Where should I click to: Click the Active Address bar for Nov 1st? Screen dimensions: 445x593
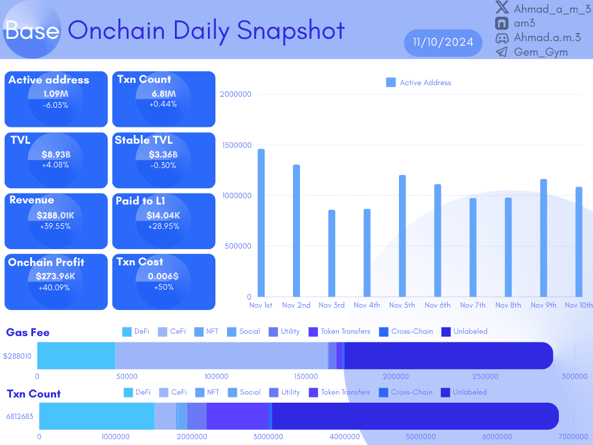click(261, 223)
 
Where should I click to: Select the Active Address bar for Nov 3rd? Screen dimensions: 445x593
click(332, 253)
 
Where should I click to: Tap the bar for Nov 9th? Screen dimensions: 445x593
click(543, 238)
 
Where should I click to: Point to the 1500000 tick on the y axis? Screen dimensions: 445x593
click(236, 145)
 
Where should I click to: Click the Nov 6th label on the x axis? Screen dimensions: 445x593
click(437, 305)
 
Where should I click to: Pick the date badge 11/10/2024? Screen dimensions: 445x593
click(443, 42)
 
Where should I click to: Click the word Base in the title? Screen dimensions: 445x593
click(32, 30)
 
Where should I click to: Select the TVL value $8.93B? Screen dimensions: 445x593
click(56, 155)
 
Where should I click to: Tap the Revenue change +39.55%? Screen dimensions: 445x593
click(56, 226)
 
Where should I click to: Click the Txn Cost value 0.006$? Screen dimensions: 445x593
click(163, 276)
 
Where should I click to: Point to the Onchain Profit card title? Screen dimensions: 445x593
click(46, 262)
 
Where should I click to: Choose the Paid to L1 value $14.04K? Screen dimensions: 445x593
click(163, 216)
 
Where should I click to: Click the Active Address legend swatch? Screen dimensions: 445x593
click(391, 83)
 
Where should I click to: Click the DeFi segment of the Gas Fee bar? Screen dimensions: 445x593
click(76, 355)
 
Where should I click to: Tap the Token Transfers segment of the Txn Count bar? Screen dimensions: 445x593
click(237, 416)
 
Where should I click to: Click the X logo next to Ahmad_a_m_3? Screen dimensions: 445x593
click(502, 9)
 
